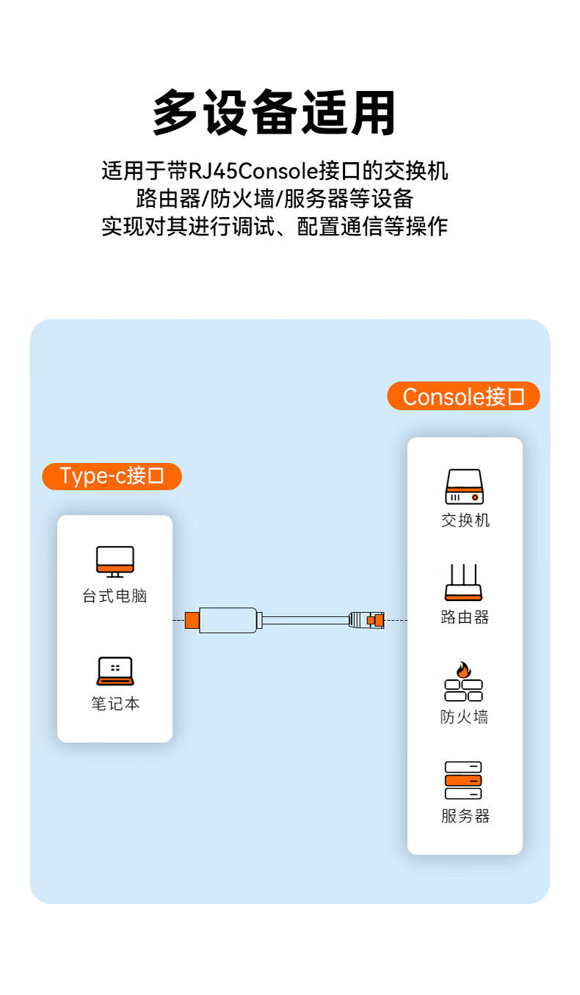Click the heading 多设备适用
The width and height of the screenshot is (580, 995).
pyautogui.click(x=275, y=113)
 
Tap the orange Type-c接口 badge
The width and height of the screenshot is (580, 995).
pyautogui.click(x=112, y=476)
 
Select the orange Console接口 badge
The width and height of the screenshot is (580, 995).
pyautogui.click(x=463, y=396)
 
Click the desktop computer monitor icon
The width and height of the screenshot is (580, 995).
pyautogui.click(x=115, y=561)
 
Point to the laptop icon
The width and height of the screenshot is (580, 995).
pyautogui.click(x=115, y=671)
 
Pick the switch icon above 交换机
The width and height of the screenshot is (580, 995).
pyautogui.click(x=464, y=487)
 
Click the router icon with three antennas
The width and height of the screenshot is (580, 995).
pyautogui.click(x=464, y=583)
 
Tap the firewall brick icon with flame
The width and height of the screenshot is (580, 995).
pyautogui.click(x=464, y=682)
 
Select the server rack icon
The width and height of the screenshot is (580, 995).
pyautogui.click(x=463, y=780)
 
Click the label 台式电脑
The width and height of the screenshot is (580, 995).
pyautogui.click(x=115, y=596)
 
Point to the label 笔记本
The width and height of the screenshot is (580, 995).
pyautogui.click(x=115, y=704)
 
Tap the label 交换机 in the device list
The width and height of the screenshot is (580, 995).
pyautogui.click(x=465, y=520)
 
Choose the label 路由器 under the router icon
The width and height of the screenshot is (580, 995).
pyautogui.click(x=465, y=617)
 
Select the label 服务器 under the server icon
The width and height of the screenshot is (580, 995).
pyautogui.click(x=465, y=816)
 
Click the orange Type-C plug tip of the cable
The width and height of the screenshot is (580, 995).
pyautogui.click(x=192, y=620)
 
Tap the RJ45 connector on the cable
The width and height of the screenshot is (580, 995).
pyautogui.click(x=366, y=620)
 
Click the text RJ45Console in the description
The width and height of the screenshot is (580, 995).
pyautogui.click(x=254, y=172)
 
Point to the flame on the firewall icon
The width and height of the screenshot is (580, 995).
pyautogui.click(x=463, y=669)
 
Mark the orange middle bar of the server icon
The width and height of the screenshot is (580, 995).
pyautogui.click(x=463, y=780)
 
